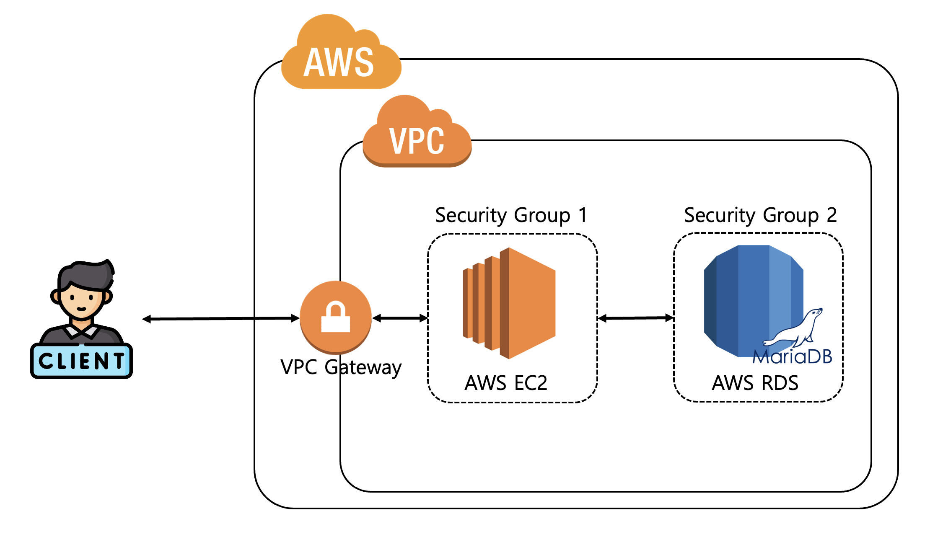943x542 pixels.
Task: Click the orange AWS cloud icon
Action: click(340, 54)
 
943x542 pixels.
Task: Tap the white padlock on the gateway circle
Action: click(336, 317)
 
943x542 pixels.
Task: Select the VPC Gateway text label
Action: click(341, 367)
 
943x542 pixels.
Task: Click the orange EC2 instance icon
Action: click(510, 303)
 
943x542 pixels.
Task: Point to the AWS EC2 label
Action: click(506, 382)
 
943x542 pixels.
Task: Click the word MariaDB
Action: click(792, 357)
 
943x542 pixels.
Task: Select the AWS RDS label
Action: click(755, 382)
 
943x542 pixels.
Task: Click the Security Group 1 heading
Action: click(511, 215)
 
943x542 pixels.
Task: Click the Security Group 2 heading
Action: click(760, 215)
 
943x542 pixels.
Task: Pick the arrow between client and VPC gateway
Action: click(221, 319)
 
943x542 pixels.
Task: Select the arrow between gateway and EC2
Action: click(400, 318)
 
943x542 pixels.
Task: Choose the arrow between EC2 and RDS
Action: click(635, 318)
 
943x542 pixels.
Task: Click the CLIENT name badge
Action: click(81, 361)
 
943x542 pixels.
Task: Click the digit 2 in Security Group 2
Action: click(832, 215)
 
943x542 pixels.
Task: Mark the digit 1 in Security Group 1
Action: click(583, 215)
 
